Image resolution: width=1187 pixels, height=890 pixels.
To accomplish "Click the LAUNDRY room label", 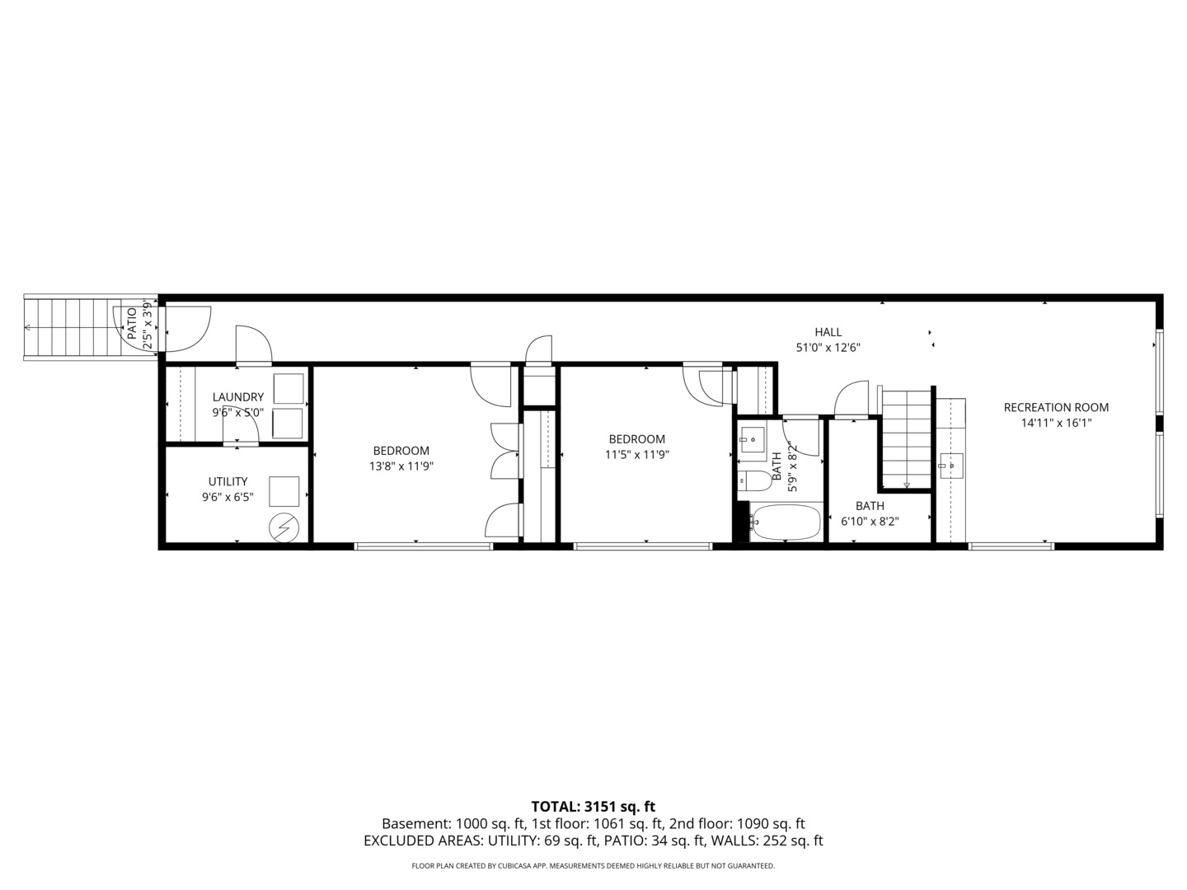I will [x=238, y=397].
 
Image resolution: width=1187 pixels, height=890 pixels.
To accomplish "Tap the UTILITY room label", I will [x=228, y=481].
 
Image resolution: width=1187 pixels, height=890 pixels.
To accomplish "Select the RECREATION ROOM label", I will [x=1056, y=407].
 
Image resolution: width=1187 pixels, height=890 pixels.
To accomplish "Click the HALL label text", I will [x=828, y=332].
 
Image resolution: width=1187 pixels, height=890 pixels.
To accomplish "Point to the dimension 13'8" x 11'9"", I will [x=401, y=466].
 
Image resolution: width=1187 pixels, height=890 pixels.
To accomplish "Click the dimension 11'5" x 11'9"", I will [x=637, y=454].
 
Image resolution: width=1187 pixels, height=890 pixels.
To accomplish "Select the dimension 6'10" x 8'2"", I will [x=870, y=521].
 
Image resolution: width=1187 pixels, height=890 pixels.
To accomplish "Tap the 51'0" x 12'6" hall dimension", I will [x=828, y=348].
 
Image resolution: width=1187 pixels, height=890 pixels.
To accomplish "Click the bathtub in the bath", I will [x=786, y=522].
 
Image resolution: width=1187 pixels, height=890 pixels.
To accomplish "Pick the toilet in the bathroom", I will [x=753, y=480].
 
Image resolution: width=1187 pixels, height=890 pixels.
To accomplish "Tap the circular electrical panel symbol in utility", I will [x=285, y=527].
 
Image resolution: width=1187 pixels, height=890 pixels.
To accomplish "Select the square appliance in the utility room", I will [x=285, y=491].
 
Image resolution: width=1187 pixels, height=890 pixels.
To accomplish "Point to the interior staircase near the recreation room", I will [x=907, y=439].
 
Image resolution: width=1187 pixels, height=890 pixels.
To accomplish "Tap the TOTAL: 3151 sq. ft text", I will [x=593, y=807].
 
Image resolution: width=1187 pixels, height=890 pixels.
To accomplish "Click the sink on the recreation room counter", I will [x=951, y=466].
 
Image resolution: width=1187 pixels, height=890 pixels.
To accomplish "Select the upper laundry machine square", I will [x=288, y=388].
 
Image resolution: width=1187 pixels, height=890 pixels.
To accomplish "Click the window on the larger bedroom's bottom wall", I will [x=423, y=546].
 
